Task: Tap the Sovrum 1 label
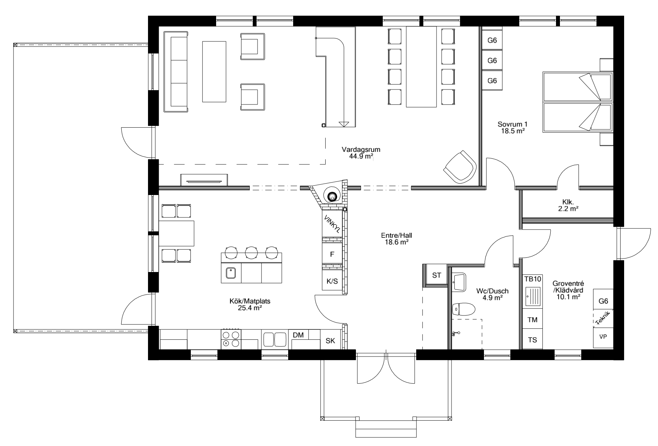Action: pos(512,124)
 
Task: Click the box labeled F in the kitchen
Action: pos(332,254)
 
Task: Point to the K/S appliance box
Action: pos(332,281)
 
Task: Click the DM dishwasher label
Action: pos(298,335)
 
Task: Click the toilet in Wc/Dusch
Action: pos(463,309)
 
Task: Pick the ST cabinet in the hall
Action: pos(437,275)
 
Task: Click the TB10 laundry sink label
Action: pos(532,279)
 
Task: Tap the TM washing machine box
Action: pos(532,320)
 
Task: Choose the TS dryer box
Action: pos(532,340)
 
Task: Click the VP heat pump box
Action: pos(603,336)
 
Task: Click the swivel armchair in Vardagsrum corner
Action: pos(460,167)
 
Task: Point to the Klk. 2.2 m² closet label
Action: pos(568,205)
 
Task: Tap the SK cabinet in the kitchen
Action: pos(330,340)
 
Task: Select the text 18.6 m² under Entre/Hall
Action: pos(394,242)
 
